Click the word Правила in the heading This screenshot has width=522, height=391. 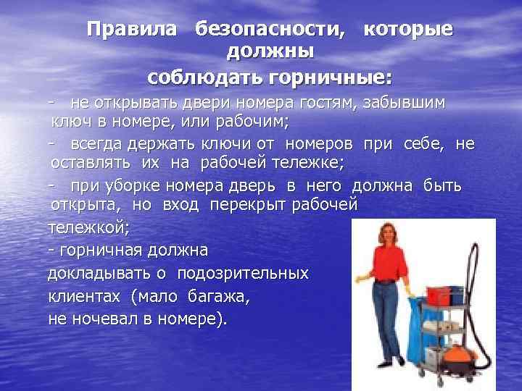[131, 29]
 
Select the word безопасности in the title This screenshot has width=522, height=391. [269, 30]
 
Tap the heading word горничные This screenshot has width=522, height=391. [330, 78]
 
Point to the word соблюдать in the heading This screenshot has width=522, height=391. [205, 78]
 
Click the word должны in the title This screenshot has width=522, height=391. [270, 52]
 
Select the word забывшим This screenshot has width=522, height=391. [404, 103]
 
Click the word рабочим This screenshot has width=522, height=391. [252, 122]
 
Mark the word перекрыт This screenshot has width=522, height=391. [247, 205]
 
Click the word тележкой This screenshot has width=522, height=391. [88, 228]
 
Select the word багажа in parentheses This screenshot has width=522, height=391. [219, 297]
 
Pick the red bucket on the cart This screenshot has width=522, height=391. [439, 296]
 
